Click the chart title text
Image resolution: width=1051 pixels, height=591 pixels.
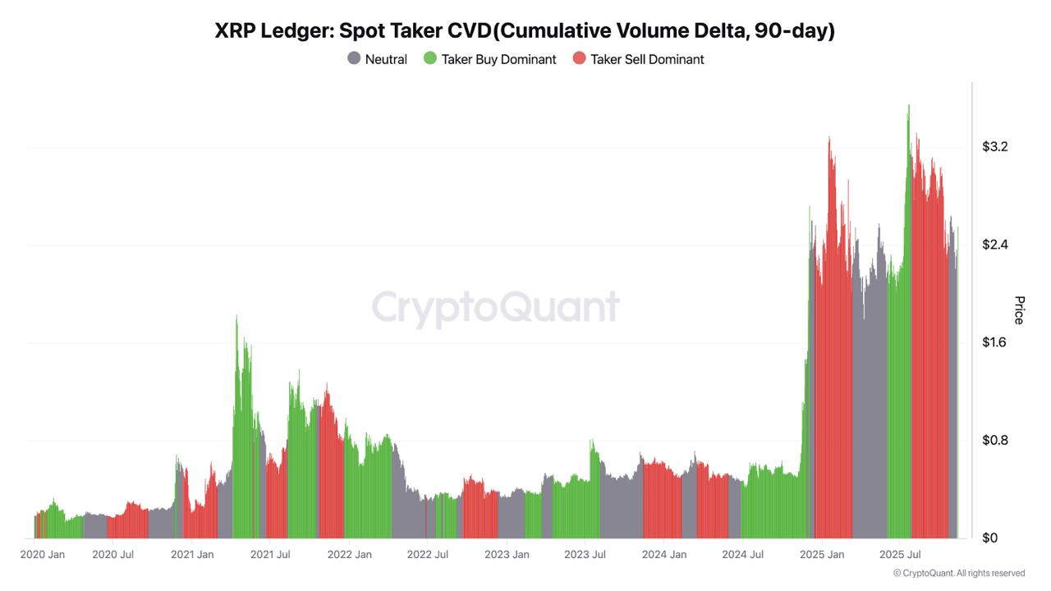point(525,30)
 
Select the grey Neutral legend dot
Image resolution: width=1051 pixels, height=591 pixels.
point(354,59)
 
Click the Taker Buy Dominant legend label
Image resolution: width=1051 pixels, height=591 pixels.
point(498,59)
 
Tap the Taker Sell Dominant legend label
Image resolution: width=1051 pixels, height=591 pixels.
point(647,59)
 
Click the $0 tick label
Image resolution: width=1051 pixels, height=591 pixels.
point(989,538)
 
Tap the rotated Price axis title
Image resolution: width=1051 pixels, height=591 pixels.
point(1019,310)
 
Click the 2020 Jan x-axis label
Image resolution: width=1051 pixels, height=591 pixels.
point(43,555)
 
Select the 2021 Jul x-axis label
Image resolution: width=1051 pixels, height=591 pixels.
point(270,555)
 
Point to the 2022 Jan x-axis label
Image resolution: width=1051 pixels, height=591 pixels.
point(350,555)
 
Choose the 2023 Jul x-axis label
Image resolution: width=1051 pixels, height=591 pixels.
point(585,555)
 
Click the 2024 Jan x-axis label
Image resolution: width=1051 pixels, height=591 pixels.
point(664,555)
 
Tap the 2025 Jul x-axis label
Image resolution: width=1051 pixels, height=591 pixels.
point(899,555)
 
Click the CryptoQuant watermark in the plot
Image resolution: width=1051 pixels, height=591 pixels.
point(496,308)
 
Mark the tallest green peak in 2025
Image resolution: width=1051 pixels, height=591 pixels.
point(908,107)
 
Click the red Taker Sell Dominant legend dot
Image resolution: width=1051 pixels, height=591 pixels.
point(579,59)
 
